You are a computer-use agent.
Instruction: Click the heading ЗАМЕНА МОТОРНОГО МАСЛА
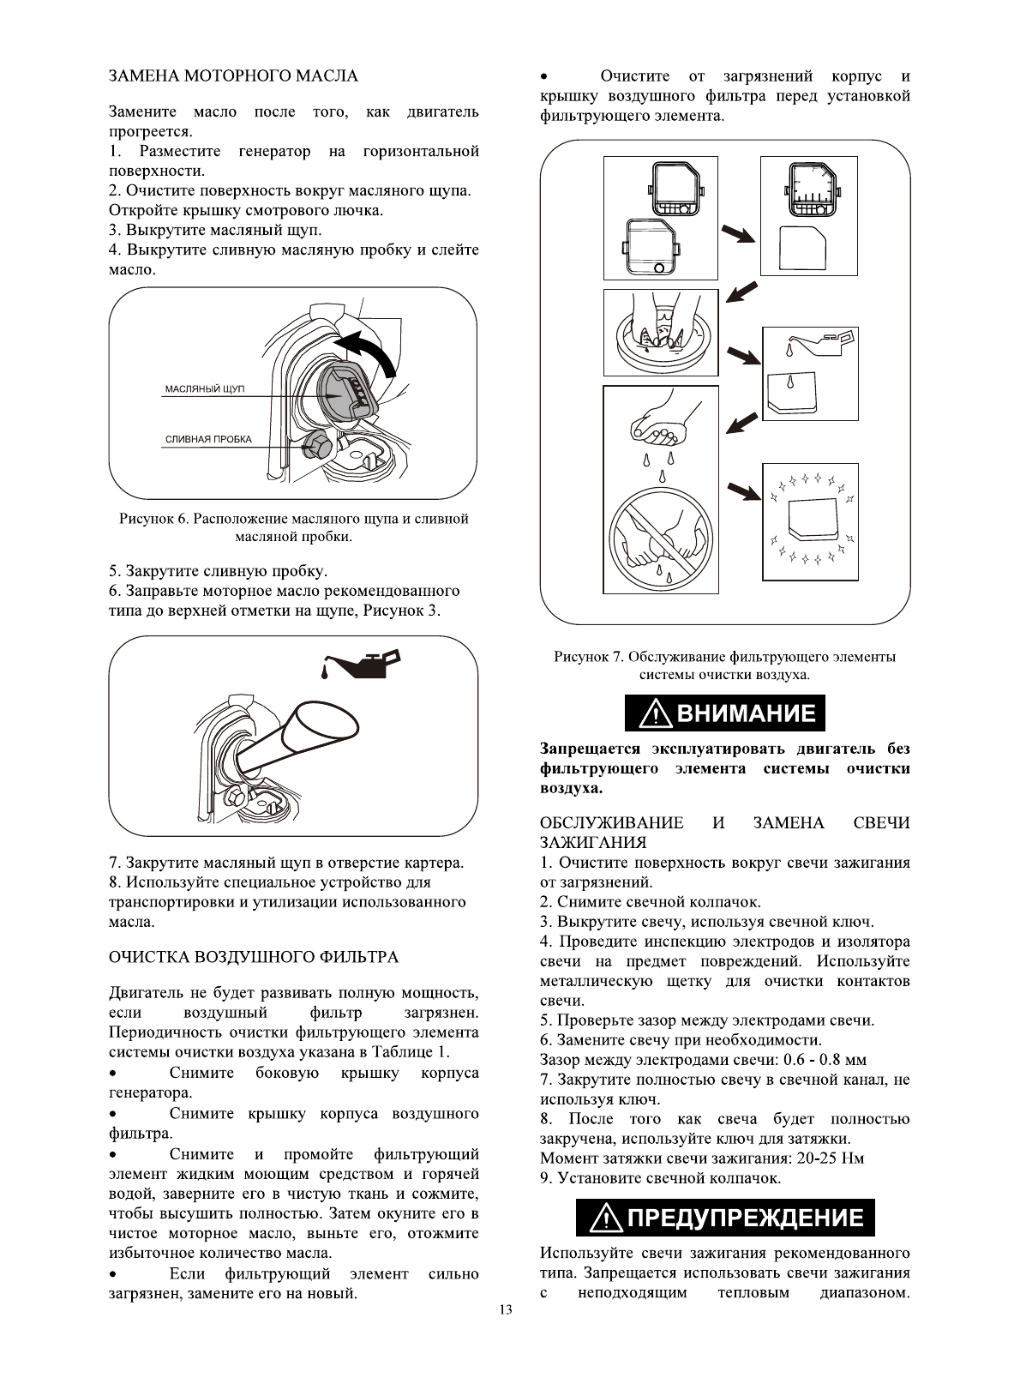(233, 76)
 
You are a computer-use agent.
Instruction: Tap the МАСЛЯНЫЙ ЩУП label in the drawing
(204, 389)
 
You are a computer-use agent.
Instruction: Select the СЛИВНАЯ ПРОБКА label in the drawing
(208, 440)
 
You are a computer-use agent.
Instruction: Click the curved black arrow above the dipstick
(369, 352)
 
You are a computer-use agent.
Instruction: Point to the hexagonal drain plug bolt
(315, 446)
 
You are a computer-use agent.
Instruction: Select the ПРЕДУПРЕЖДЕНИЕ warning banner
(725, 1219)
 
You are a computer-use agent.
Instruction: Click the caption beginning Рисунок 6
(293, 527)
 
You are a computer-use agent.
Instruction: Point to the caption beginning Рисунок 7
(724, 666)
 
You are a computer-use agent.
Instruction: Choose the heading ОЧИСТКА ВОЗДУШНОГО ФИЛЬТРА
(253, 956)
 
